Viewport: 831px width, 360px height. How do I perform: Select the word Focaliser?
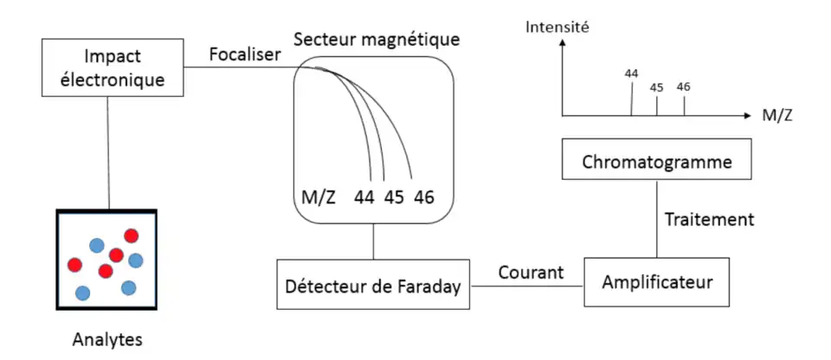pos(245,55)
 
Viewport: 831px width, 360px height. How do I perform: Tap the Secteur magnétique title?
pos(377,40)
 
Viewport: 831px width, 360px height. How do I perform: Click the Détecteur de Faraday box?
pos(374,284)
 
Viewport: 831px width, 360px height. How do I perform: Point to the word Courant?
pos(531,273)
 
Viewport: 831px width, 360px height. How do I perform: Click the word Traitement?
pos(708,220)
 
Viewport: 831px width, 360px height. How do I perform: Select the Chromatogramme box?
pos(655,162)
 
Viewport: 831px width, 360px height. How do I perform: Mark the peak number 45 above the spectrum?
pos(656,87)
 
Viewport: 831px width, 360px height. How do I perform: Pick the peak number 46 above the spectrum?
pos(684,87)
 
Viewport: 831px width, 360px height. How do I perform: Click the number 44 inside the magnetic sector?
pos(364,197)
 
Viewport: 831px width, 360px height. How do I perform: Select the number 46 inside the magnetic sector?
pos(423,197)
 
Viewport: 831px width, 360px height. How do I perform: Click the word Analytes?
pos(106,338)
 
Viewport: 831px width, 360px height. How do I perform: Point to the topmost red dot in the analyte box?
pos(131,235)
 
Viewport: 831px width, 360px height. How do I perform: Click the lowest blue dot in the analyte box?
pos(83,292)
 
